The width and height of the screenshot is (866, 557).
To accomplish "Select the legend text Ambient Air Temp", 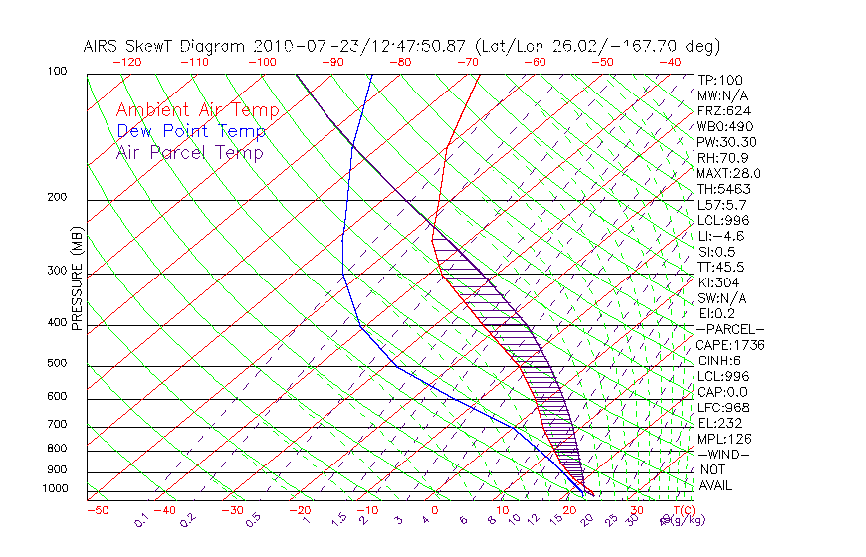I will pyautogui.click(x=197, y=110).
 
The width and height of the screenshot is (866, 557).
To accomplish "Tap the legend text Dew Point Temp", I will pyautogui.click(x=191, y=131).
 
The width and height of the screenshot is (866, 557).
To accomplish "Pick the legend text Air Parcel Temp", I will pyautogui.click(x=189, y=152).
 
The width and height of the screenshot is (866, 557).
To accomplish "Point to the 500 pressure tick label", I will pyautogui.click(x=58, y=364).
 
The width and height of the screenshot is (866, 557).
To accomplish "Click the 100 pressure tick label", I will pyautogui.click(x=58, y=72).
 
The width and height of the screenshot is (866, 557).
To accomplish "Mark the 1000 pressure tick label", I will pyautogui.click(x=56, y=489).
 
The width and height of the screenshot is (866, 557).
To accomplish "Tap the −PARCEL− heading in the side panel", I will pyautogui.click(x=730, y=329).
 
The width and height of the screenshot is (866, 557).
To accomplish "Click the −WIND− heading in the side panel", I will pyautogui.click(x=723, y=454).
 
